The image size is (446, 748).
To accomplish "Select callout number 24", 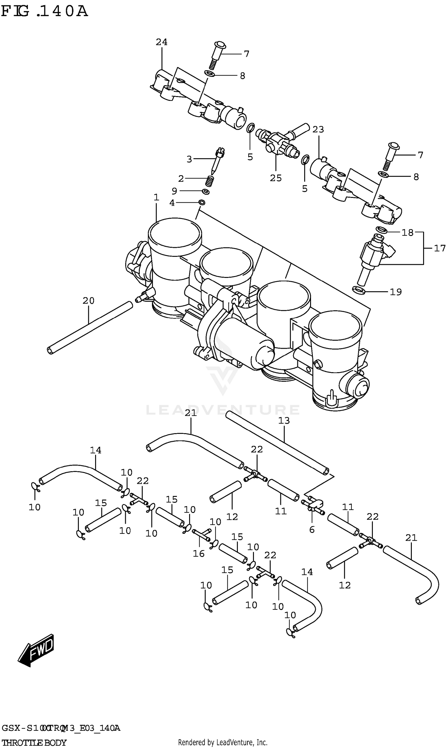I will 161,42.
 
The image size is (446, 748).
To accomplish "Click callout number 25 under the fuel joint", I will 276,178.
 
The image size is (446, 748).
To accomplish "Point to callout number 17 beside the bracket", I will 439,248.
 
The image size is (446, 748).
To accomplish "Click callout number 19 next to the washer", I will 395,292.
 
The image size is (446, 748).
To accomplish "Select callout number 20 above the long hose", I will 88,301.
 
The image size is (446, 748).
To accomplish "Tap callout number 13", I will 284,421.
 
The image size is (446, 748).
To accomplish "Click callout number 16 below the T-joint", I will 198,553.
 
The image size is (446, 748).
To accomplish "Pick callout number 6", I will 312,530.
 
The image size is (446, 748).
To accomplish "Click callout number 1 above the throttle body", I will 156,198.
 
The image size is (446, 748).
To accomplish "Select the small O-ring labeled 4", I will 202,203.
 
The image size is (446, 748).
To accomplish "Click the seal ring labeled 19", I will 359,290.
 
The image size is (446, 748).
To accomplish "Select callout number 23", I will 318,130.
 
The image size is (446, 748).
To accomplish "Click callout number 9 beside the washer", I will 174,191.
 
